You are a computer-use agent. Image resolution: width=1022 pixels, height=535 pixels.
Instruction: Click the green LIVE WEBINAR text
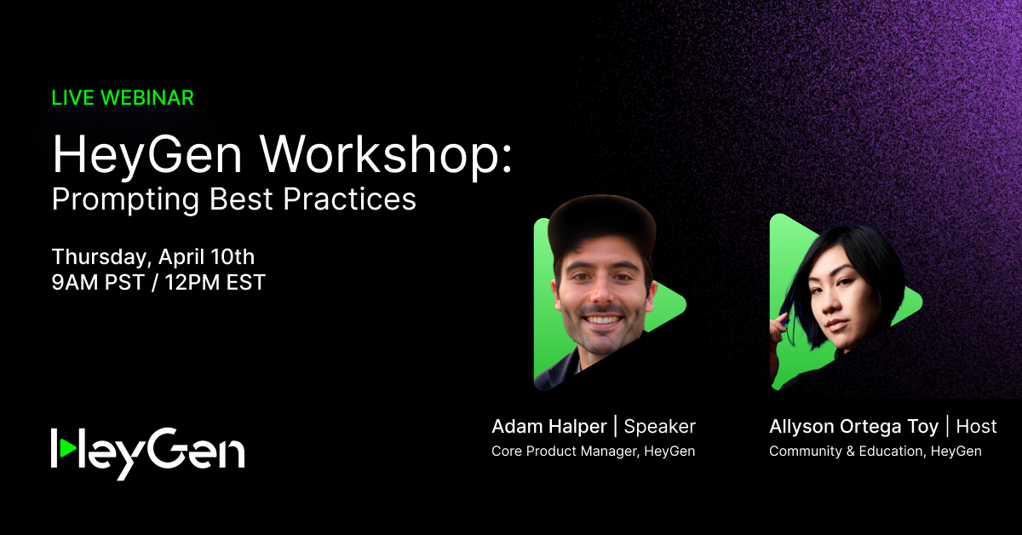coord(123,98)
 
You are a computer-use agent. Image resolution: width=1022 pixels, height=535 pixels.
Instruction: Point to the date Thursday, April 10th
coord(153,256)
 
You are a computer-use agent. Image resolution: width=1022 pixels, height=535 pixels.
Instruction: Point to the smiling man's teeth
coord(603,320)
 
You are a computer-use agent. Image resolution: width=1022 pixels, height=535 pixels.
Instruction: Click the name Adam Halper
coord(549,427)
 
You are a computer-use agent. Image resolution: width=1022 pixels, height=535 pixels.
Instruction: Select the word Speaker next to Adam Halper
coord(660,427)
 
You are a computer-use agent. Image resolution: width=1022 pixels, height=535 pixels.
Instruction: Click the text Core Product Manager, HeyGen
coord(593,452)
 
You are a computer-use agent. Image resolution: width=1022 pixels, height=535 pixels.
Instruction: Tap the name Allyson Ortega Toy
coord(853,427)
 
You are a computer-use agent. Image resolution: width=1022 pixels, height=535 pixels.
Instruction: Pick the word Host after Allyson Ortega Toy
coord(976,427)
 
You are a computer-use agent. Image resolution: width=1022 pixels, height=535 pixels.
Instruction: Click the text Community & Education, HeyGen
coord(875,452)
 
